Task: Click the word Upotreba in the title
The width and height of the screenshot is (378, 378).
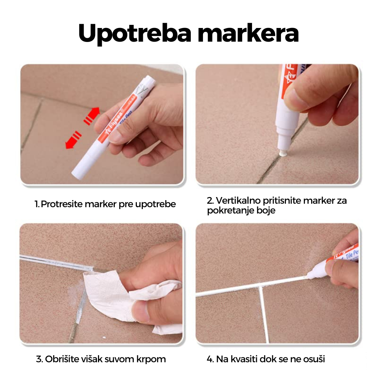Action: coord(135,34)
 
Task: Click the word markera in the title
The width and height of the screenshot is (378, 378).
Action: coord(248,34)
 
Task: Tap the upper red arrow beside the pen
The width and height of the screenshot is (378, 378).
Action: coord(92,116)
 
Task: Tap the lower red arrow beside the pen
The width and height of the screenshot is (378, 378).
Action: coord(73,140)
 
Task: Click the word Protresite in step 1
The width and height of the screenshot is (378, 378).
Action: coord(62,204)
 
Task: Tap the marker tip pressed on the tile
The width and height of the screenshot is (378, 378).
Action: coord(282,153)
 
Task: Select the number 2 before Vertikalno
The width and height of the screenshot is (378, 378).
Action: coord(210,201)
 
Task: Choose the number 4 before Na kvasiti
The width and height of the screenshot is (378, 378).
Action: coord(210,359)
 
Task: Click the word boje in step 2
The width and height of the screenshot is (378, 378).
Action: coord(266,211)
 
